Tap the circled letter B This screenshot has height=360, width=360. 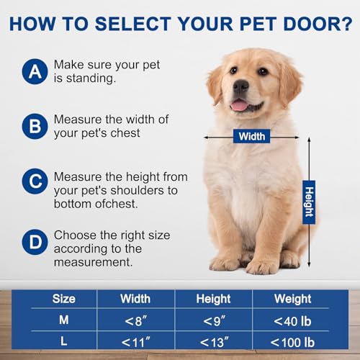(x=32, y=127)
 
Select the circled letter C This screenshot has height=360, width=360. (x=32, y=183)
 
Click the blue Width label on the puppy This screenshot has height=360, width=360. (x=252, y=136)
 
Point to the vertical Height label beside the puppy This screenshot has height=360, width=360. (x=308, y=201)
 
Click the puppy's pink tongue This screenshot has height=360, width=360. (x=238, y=105)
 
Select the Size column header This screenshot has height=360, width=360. (x=63, y=297)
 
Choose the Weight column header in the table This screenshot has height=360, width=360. (x=292, y=297)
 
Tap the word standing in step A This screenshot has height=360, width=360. (x=89, y=78)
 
